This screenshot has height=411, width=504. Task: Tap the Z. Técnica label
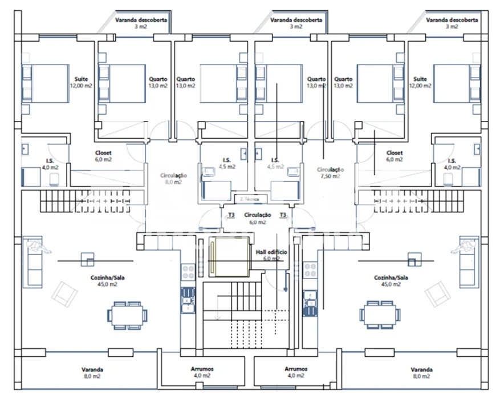pos(249,199)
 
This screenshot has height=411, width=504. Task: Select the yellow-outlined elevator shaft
pos(229,257)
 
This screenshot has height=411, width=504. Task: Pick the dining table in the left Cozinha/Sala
pos(127,315)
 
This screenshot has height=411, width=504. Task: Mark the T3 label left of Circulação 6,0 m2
pos(231,215)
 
